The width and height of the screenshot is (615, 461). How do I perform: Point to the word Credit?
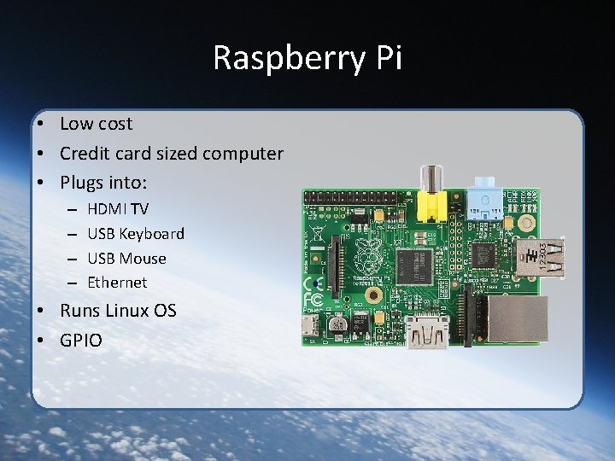85,154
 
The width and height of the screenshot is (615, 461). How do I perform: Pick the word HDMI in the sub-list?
107,208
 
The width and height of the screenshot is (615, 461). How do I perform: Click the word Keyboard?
151,233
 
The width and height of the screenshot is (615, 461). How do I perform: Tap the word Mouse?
143,258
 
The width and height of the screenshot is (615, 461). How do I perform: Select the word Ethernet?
117,282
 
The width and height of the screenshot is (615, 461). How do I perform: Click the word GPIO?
81,341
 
